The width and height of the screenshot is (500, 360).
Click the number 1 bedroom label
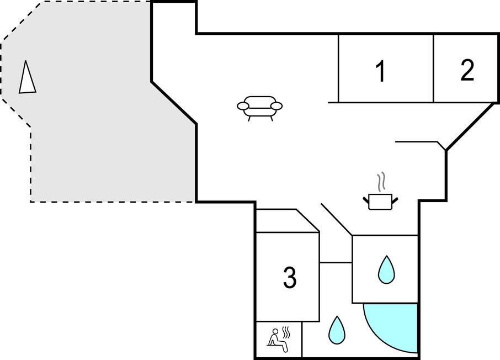click(380, 72)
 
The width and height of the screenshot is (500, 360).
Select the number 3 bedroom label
click(290, 277)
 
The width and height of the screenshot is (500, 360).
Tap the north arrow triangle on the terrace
click(27, 78)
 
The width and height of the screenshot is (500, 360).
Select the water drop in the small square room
click(386, 269)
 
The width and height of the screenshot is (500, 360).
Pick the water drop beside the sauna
click(336, 330)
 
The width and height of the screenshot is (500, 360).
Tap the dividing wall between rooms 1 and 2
click(434, 68)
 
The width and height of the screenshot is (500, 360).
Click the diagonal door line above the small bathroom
click(337, 219)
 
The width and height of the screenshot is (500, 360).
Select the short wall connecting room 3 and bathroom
click(336, 262)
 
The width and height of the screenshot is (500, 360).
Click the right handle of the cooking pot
click(395, 198)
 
